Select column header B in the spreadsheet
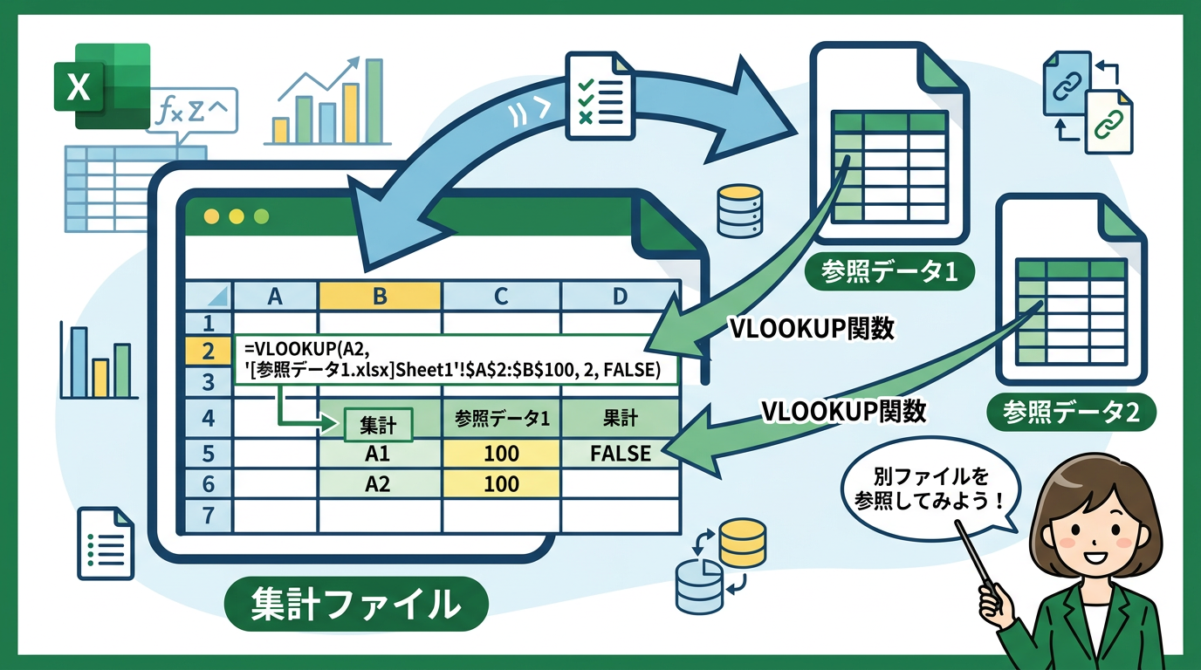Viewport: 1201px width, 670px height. [380, 297]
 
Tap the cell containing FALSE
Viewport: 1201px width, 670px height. [620, 454]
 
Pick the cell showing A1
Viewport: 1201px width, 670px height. [378, 454]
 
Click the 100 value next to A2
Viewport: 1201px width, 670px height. [501, 484]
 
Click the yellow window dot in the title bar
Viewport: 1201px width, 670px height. [209, 216]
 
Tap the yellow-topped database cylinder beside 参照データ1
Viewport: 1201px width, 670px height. [740, 209]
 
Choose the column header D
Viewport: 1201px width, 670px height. [620, 297]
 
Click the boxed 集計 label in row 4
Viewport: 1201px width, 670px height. [378, 426]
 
